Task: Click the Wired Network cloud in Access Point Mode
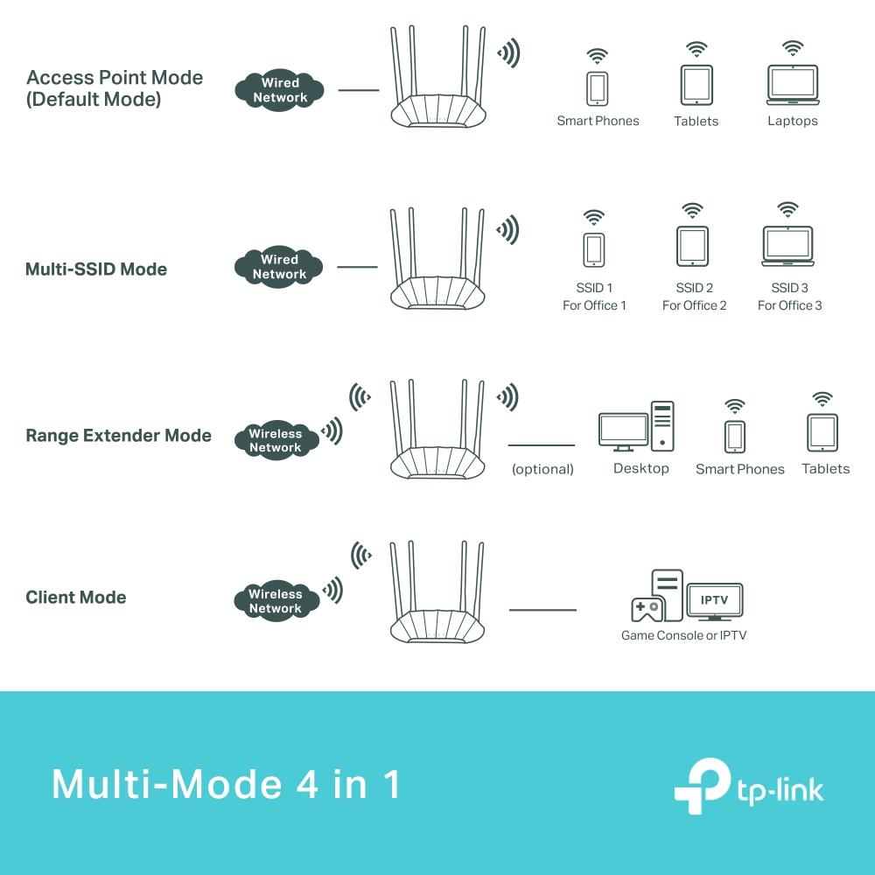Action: [280, 90]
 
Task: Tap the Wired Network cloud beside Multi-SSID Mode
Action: [280, 267]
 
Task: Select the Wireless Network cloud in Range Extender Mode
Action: [275, 440]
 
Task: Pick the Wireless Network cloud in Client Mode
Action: [275, 601]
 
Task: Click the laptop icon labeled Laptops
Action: [792, 86]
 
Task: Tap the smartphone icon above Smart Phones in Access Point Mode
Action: [598, 87]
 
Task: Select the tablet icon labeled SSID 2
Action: [693, 247]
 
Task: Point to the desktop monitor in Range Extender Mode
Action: [623, 431]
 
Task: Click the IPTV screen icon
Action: [715, 601]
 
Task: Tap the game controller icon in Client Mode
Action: [647, 610]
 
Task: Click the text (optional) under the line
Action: [542, 469]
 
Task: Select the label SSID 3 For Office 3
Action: [789, 297]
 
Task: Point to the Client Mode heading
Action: [76, 598]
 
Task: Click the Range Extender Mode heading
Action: [118, 436]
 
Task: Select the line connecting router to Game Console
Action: [542, 609]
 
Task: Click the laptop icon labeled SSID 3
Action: [788, 245]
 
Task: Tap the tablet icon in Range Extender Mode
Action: [822, 432]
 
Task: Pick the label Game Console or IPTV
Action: [683, 635]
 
